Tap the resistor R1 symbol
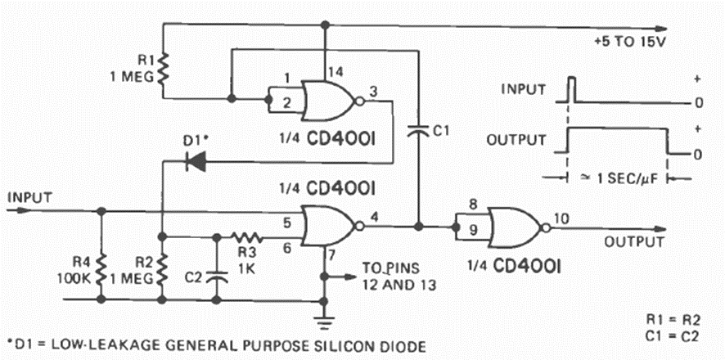click(163, 70)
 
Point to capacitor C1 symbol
click(418, 128)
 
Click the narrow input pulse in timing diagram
click(571, 88)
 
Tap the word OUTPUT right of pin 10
click(634, 241)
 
